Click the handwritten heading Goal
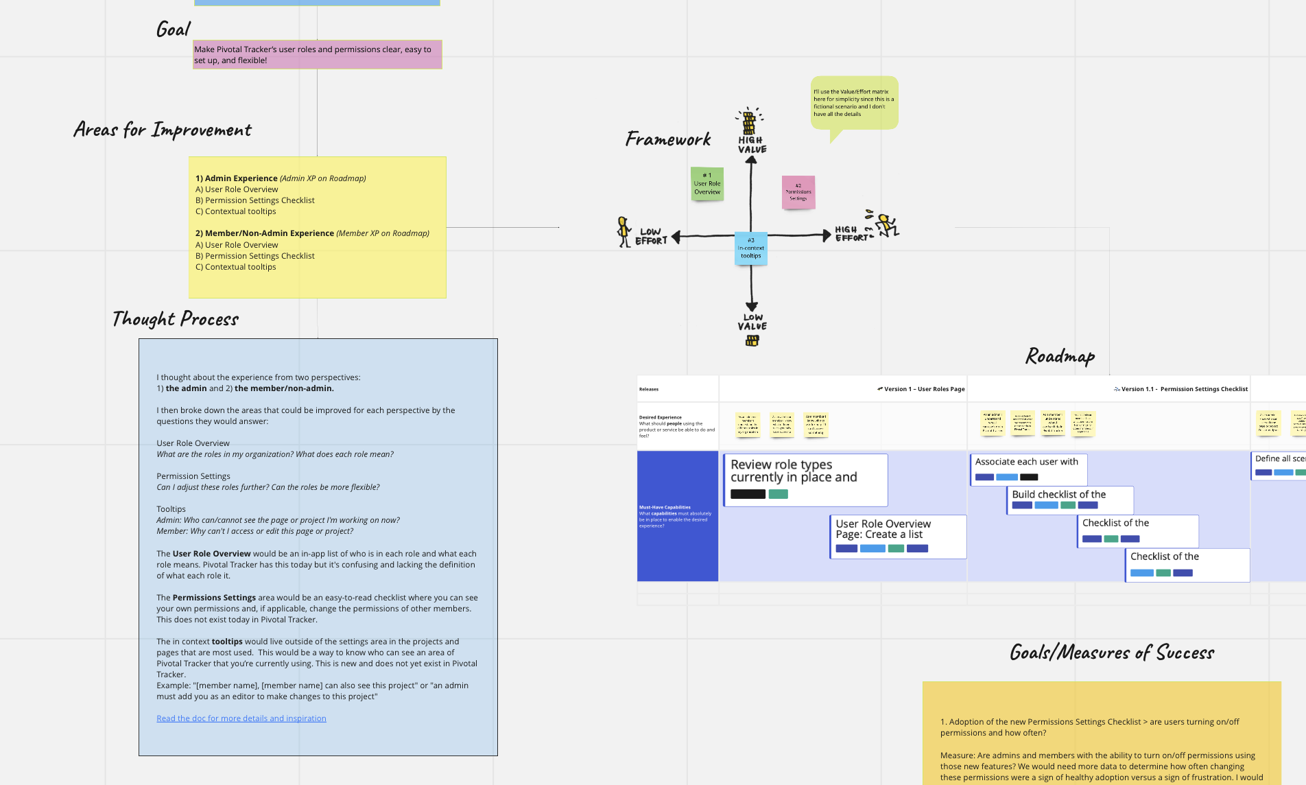tap(173, 29)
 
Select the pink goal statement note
tap(317, 55)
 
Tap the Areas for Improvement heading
tap(163, 130)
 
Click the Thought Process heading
tap(176, 319)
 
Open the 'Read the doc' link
tap(241, 718)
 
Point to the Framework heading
tap(668, 139)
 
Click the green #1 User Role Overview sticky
tap(707, 184)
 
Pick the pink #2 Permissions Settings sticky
tap(798, 192)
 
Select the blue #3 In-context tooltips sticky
tap(751, 248)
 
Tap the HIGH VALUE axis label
tap(752, 145)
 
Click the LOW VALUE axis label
tap(752, 322)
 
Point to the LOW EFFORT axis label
tap(651, 237)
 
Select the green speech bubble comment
tap(854, 103)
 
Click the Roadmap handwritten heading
tap(1060, 356)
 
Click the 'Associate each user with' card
tap(1028, 469)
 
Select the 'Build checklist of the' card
tap(1069, 500)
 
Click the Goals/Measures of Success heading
tap(1112, 653)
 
